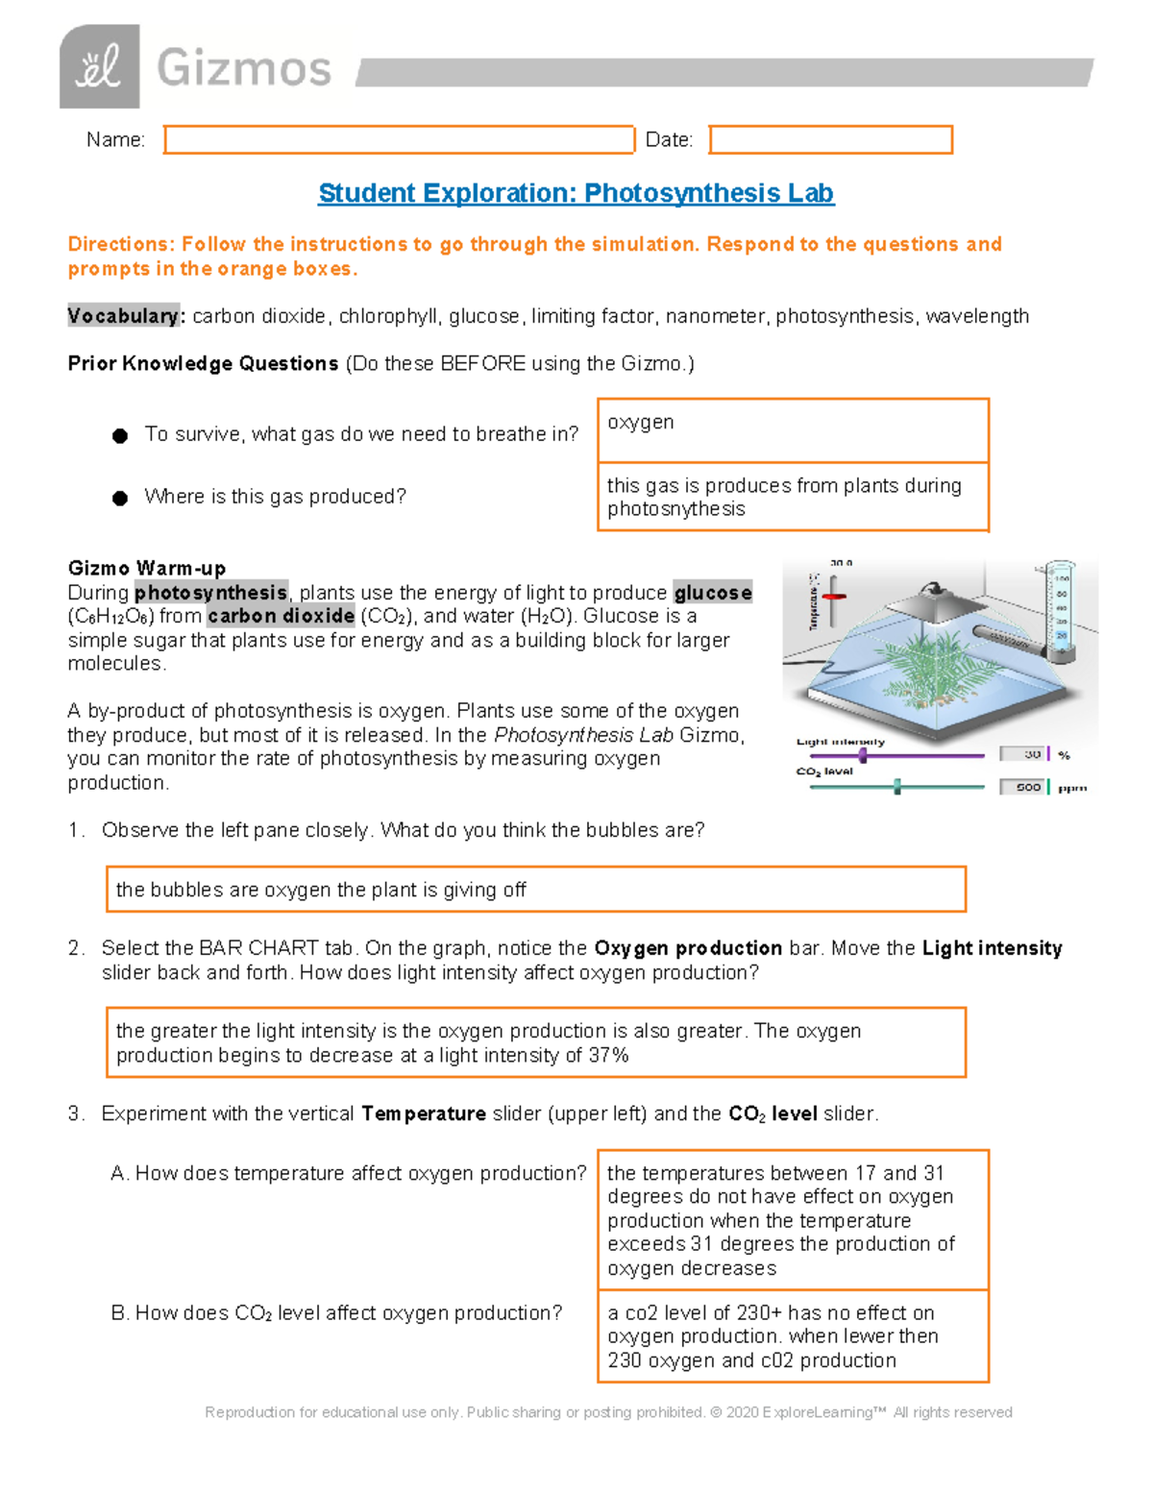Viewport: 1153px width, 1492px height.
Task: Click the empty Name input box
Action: tap(399, 139)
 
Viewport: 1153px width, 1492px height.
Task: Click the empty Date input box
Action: tap(830, 139)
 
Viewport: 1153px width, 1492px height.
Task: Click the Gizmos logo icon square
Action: tap(99, 67)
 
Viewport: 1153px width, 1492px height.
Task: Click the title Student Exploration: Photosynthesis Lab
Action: tap(576, 193)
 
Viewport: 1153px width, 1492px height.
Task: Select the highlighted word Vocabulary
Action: tap(123, 316)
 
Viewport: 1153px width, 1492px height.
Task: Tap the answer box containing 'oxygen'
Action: tap(793, 430)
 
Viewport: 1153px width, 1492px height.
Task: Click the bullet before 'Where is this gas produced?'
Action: tap(120, 498)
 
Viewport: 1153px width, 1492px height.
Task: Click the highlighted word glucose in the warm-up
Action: tap(712, 593)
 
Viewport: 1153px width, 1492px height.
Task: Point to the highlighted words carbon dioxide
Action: tap(281, 616)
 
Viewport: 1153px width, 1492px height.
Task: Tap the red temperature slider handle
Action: tap(834, 597)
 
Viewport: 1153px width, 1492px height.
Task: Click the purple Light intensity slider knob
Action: tap(863, 756)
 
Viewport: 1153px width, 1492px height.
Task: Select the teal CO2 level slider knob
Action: tap(897, 788)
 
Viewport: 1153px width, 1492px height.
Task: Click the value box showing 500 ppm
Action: tap(1023, 788)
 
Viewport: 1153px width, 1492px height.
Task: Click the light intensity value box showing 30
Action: tap(1023, 755)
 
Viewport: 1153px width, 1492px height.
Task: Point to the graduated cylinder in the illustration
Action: tap(1060, 611)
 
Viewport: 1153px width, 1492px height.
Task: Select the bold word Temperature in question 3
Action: tap(423, 1113)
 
